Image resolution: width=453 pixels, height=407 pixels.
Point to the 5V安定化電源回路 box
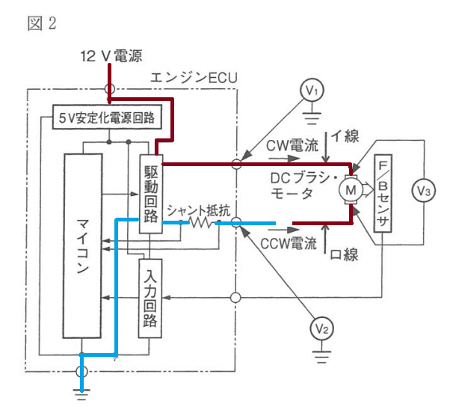pyautogui.click(x=107, y=117)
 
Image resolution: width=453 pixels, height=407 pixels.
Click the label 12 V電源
pyautogui.click(x=111, y=56)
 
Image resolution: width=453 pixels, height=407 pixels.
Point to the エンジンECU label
pyautogui.click(x=194, y=78)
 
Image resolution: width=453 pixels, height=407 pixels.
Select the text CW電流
pyautogui.click(x=292, y=145)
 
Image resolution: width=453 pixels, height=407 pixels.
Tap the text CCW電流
pyautogui.click(x=289, y=243)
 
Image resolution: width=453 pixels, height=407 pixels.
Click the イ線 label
pyautogui.click(x=345, y=136)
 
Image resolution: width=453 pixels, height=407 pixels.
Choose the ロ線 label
pyautogui.click(x=344, y=255)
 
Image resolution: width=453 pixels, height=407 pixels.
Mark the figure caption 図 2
pyautogui.click(x=42, y=23)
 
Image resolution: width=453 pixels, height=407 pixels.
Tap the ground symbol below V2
pyautogui.click(x=321, y=357)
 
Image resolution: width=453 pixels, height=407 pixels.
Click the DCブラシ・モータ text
pyautogui.click(x=303, y=186)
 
